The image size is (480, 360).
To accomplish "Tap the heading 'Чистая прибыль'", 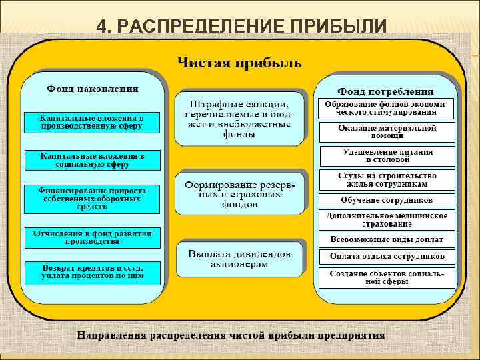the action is [x=239, y=63].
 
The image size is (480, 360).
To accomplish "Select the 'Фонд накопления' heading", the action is [x=93, y=88].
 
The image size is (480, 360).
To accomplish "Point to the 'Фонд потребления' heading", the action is [x=385, y=91].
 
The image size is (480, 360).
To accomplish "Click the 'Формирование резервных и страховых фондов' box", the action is [x=240, y=193].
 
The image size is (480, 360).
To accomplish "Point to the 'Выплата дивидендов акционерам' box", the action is [x=240, y=259].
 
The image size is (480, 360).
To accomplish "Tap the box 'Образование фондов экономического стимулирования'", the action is [x=387, y=109].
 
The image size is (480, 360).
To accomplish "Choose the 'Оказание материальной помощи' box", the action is [x=387, y=131].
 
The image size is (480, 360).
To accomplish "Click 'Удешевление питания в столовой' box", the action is [x=387, y=155].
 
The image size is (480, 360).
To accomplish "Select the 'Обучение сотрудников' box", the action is [x=387, y=200].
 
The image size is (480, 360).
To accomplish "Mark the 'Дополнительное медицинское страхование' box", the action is [x=387, y=219].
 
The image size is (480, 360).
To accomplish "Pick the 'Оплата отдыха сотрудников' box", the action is [x=387, y=257].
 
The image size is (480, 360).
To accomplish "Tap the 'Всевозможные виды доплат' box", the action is [x=387, y=239].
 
